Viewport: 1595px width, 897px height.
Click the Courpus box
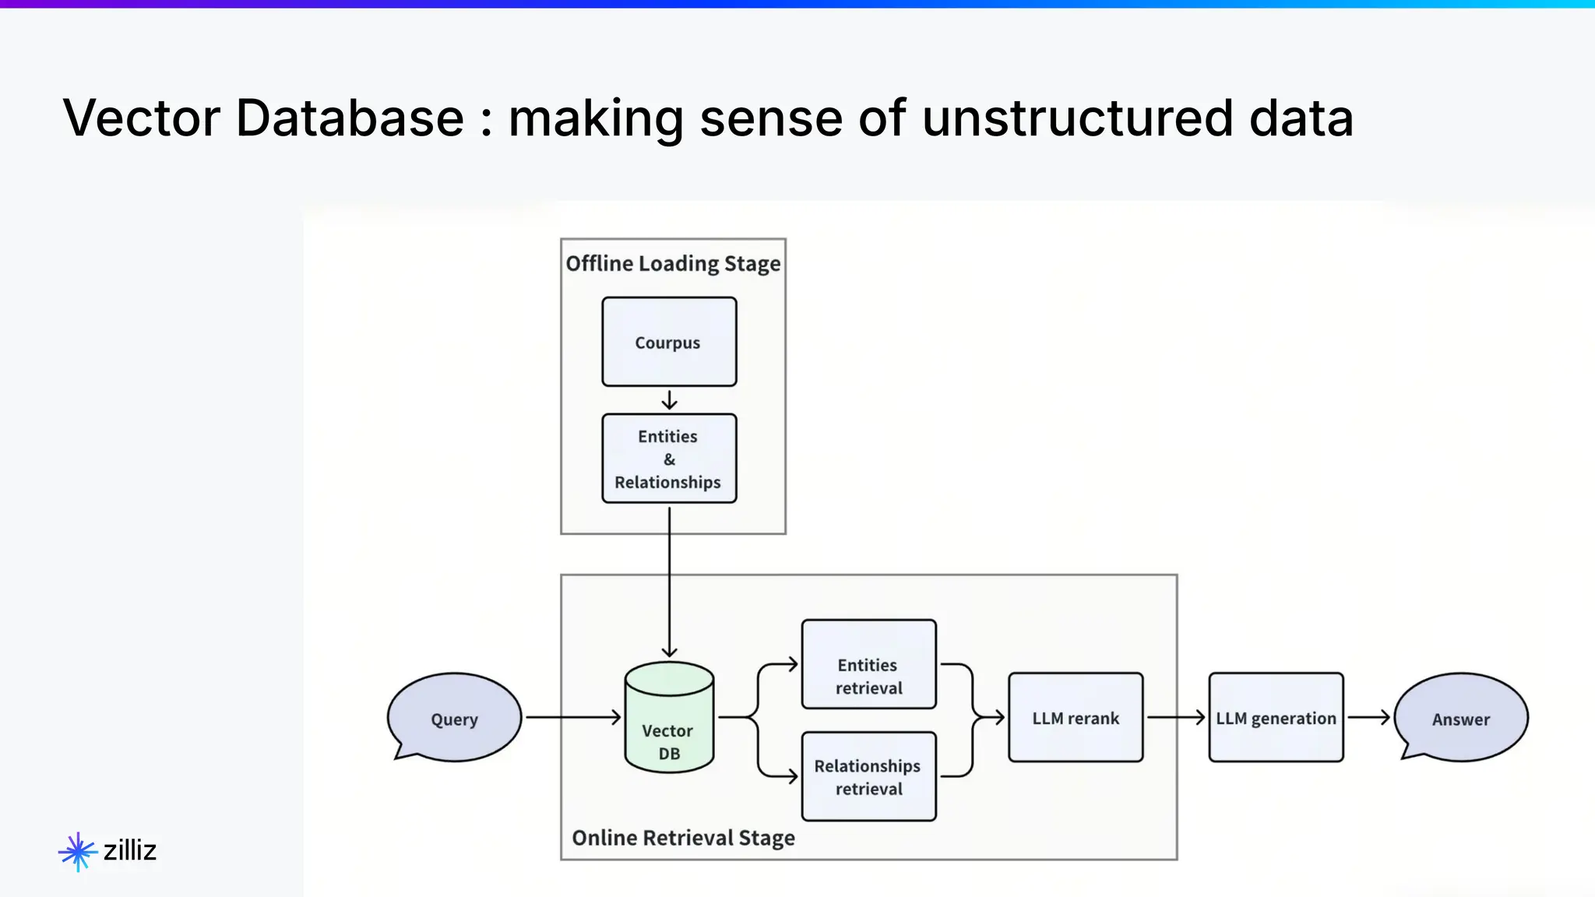click(669, 342)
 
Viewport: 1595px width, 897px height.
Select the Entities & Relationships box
click(669, 459)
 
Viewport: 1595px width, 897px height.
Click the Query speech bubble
click(455, 717)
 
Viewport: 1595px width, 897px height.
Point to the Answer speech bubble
click(1461, 717)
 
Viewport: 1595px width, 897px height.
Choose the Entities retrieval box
click(868, 665)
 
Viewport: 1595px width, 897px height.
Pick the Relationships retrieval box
click(868, 776)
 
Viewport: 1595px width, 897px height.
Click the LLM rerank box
click(1076, 717)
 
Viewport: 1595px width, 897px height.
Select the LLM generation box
click(1276, 717)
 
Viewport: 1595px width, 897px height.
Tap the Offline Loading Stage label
click(673, 264)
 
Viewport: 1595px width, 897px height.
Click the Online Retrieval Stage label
click(683, 838)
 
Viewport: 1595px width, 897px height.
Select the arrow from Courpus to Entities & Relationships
click(669, 400)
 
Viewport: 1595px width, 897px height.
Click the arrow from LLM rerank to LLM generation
click(1176, 717)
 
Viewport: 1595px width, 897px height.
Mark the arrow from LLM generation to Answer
click(1369, 717)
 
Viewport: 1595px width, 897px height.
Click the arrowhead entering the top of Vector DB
click(669, 651)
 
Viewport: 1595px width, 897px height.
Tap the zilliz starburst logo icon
click(78, 851)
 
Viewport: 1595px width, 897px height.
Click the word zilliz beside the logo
click(130, 850)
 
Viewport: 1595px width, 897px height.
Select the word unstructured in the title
click(1077, 118)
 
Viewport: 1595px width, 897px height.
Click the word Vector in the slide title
click(142, 118)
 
